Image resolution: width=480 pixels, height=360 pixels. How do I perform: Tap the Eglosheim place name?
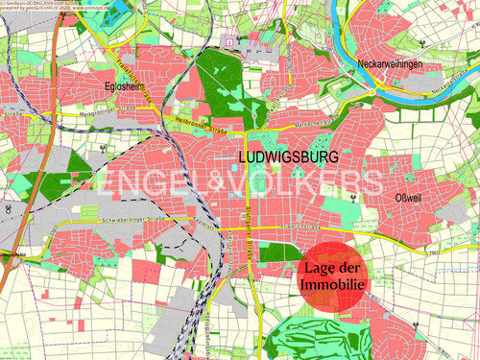tap(124, 85)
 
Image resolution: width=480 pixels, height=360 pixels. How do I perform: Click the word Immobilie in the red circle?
tap(331, 286)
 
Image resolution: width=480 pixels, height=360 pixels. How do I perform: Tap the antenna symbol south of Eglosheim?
tap(103, 150)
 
